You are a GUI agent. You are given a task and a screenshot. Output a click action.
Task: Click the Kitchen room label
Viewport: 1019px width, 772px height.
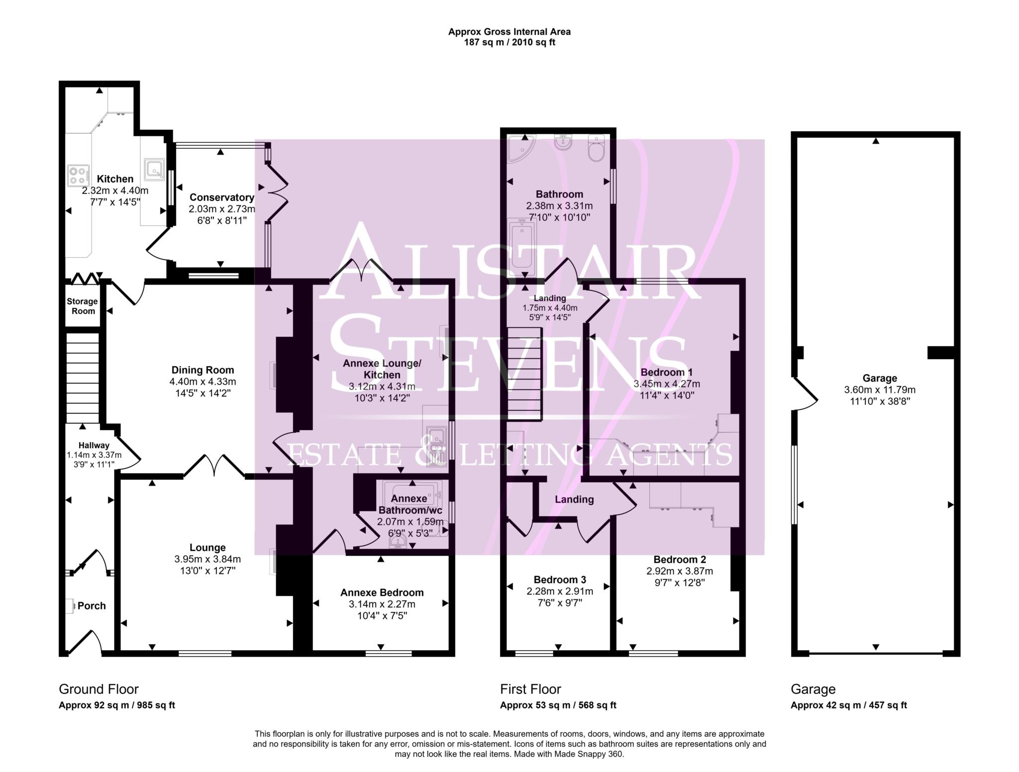coord(115,179)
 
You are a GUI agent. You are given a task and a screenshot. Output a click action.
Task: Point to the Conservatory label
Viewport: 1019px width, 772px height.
coord(221,197)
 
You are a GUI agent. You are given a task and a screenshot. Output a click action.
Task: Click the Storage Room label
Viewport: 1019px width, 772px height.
coord(83,306)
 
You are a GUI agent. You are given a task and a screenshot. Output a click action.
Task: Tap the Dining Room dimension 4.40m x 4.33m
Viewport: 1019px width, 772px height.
coord(203,382)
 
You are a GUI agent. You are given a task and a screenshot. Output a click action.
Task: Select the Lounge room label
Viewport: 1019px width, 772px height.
coord(207,548)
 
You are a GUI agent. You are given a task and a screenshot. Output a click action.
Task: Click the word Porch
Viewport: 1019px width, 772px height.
coord(92,606)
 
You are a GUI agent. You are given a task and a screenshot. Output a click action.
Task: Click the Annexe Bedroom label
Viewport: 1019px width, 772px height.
coord(382,592)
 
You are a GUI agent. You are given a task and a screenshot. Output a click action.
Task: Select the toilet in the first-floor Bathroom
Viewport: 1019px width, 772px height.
coord(596,149)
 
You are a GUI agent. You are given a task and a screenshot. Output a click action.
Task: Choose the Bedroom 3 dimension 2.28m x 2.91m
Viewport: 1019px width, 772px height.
coord(560,591)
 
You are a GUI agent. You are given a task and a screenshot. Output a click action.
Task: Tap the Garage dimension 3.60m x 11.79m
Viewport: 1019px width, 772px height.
coord(880,390)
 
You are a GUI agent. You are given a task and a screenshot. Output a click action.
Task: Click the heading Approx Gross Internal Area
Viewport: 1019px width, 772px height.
coord(509,32)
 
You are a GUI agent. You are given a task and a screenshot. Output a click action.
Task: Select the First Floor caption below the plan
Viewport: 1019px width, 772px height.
coord(530,689)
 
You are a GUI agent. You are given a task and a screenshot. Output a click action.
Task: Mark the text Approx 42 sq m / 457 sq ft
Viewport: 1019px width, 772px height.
coord(848,705)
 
